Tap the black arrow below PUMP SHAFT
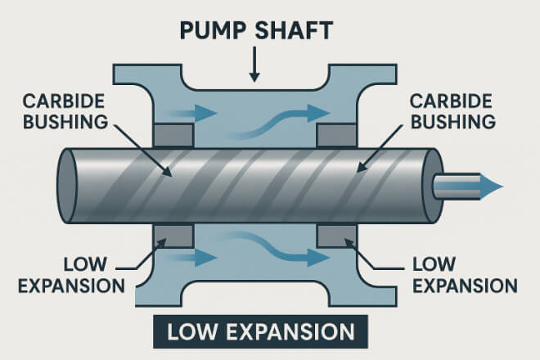pos(254,65)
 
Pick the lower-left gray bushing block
pos(173,235)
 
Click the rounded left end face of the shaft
pos(68,187)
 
